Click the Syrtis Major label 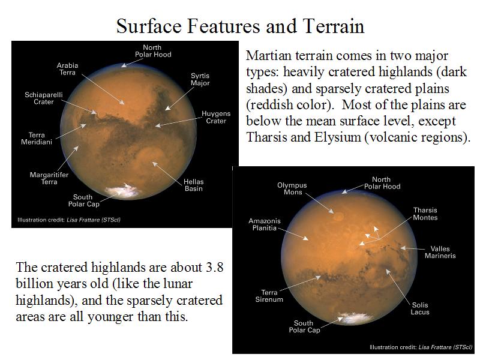point(200,79)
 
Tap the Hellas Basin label point(193,185)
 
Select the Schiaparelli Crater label point(43,98)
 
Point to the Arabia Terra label point(67,69)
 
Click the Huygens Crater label point(216,117)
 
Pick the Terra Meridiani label point(37,139)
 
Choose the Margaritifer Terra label point(49,178)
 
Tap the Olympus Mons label point(292,188)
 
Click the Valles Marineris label point(440,252)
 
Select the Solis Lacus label point(420,308)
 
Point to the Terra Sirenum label point(269,296)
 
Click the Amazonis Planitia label point(265,224)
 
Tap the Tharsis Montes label point(425,214)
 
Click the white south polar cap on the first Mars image point(124,191)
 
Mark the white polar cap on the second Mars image point(356,319)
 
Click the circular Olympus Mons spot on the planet point(338,217)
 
